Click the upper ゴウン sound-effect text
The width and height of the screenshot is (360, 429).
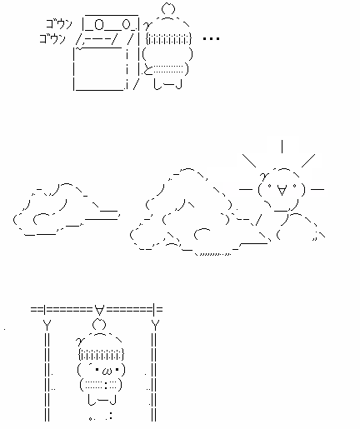(59, 24)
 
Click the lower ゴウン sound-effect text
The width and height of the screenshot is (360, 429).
(52, 38)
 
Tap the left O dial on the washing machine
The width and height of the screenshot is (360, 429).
(99, 25)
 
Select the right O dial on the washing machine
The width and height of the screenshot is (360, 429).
(126, 25)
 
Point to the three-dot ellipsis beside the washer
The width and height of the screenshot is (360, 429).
(211, 38)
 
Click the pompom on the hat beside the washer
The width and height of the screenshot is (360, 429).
(168, 8)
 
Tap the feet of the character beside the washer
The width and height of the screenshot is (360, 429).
(167, 83)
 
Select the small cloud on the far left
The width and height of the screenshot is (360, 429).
(66, 209)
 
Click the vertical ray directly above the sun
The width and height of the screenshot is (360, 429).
(282, 147)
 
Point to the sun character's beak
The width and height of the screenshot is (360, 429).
(282, 191)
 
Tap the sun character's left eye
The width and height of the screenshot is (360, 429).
(269, 186)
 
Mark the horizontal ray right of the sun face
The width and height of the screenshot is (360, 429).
(317, 189)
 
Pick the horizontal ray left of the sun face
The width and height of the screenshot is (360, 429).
(246, 189)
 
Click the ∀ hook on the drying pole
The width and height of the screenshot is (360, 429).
(99, 310)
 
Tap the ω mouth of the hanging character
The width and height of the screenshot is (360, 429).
(107, 371)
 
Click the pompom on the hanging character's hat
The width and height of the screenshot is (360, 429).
(99, 325)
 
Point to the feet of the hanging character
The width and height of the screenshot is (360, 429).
(102, 400)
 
